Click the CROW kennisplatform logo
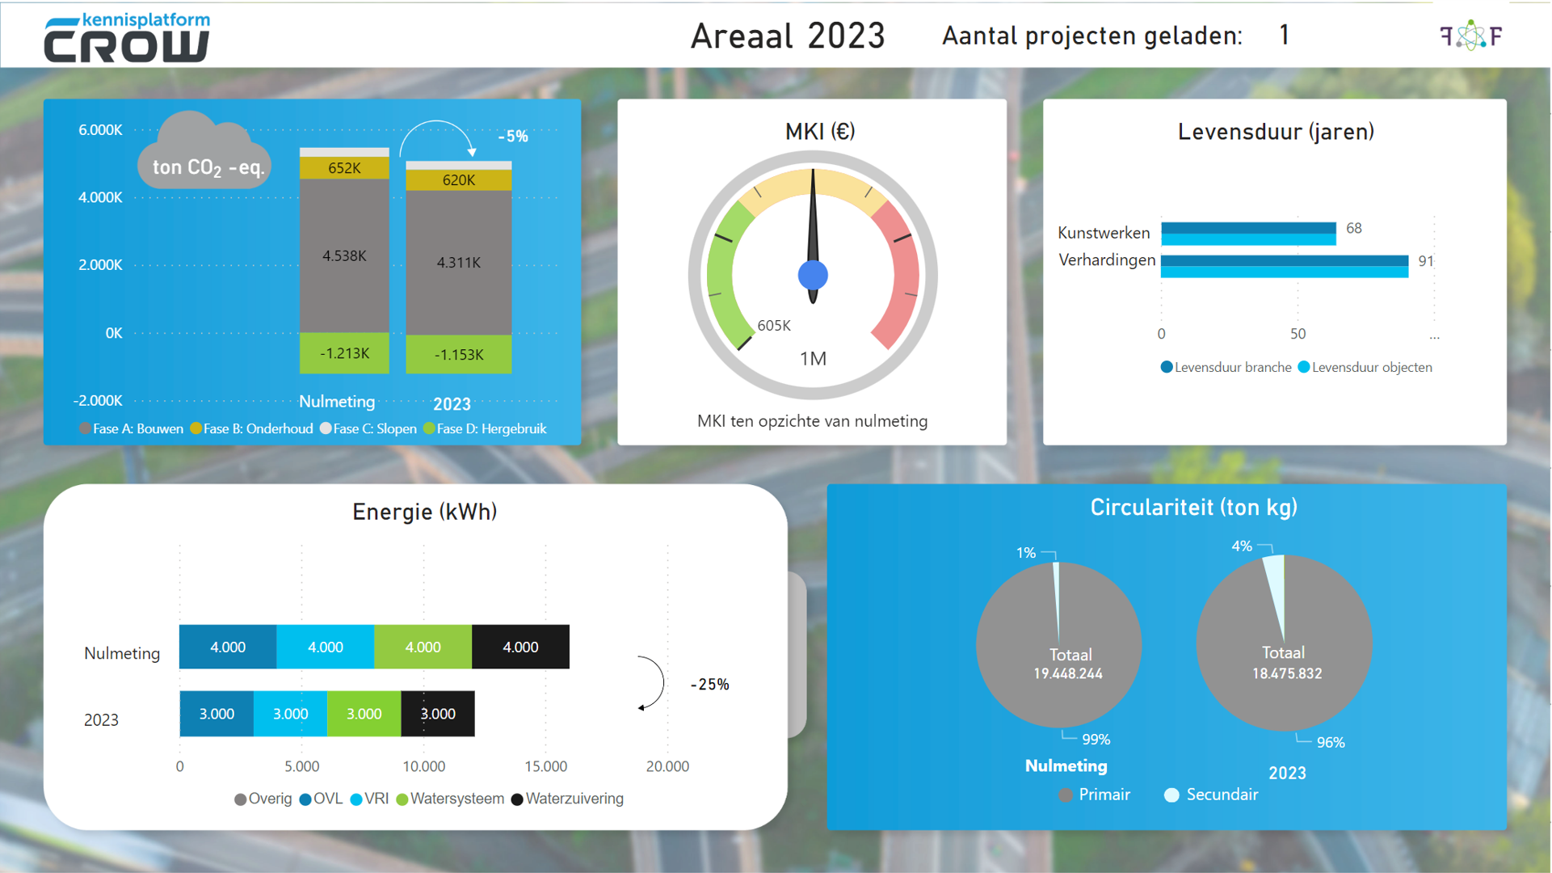pos(127,38)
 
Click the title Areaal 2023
pos(788,36)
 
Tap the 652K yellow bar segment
pos(344,168)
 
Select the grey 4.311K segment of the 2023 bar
pos(458,262)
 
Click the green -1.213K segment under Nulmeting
pos(344,353)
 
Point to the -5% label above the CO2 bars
pos(513,137)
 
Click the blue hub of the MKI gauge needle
pos(813,276)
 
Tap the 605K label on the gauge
pos(774,326)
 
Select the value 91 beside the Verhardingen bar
pos(1425,261)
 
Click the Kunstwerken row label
pos(1104,233)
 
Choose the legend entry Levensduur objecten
pos(1371,368)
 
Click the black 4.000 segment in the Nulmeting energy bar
pos(520,647)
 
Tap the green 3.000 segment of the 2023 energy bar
pos(364,715)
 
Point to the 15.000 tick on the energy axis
pos(545,766)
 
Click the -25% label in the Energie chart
pos(709,685)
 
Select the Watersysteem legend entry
pos(456,799)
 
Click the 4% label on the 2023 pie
pos(1242,546)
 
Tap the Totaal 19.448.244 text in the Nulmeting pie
pos(1069,664)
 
